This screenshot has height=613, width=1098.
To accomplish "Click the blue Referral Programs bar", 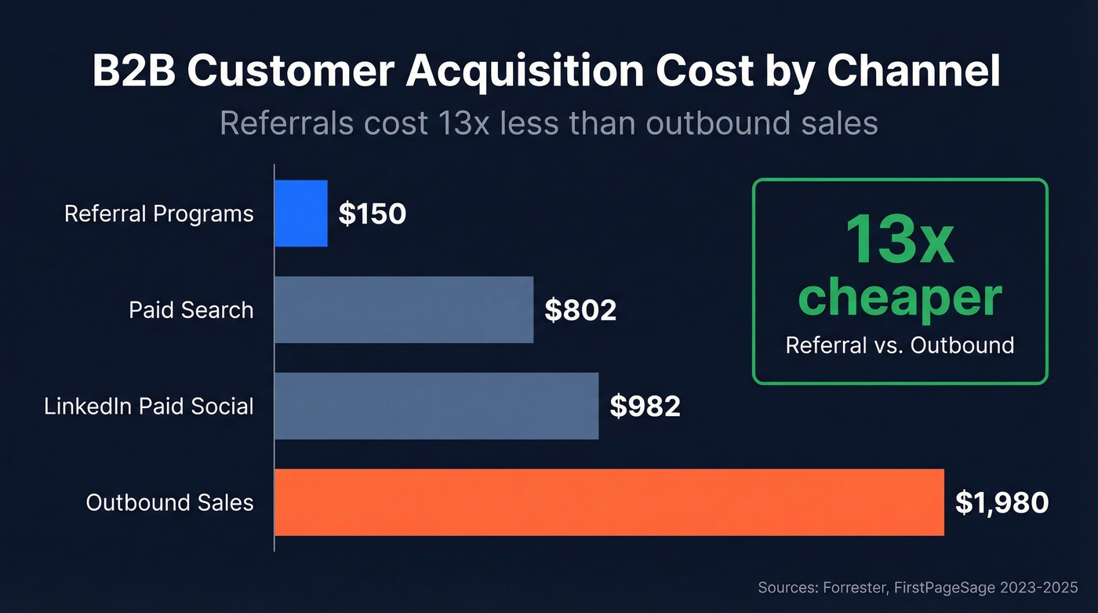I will tap(301, 213).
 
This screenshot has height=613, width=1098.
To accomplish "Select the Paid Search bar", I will tap(404, 310).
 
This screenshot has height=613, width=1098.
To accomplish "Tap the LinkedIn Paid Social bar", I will tap(436, 406).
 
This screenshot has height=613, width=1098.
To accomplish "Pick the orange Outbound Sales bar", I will tap(609, 502).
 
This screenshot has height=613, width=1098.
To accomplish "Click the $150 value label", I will tap(373, 214).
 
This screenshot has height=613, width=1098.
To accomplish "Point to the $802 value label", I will tap(580, 311).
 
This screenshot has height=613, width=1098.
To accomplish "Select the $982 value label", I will tap(645, 407).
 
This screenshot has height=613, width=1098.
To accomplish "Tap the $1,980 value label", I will tap(1002, 502).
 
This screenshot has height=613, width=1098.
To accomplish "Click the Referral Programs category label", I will tap(159, 214).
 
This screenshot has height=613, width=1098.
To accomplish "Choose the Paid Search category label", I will tap(191, 310).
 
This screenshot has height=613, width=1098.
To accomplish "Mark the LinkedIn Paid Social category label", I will tap(149, 407).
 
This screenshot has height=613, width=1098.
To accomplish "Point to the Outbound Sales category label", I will tap(170, 502).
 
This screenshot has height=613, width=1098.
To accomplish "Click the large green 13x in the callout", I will tap(900, 239).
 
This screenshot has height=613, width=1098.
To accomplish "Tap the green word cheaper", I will tap(900, 297).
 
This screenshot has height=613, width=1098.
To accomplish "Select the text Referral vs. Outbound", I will tap(900, 345).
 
